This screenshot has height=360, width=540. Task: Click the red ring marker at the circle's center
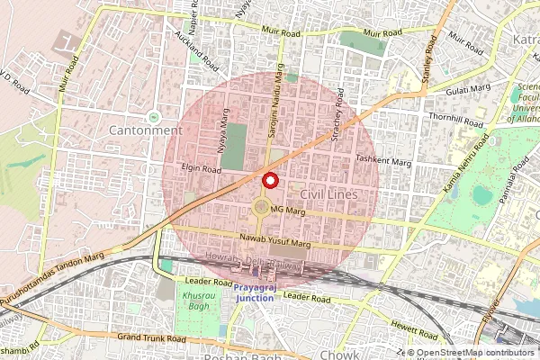(269, 180)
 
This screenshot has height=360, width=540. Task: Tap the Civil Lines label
(328, 194)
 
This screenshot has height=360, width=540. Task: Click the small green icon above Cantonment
(153, 116)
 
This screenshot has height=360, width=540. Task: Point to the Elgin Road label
(200, 168)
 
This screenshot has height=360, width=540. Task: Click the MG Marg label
(288, 211)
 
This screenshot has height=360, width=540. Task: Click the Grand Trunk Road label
(151, 338)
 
